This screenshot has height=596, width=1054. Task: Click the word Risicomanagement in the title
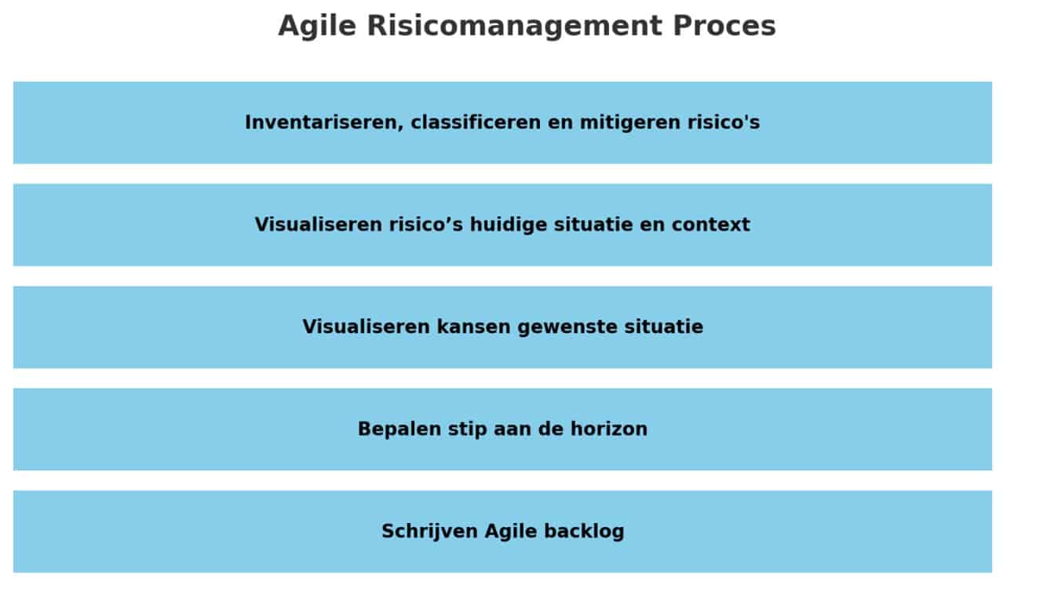pos(515,26)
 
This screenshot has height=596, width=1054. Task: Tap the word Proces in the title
pos(724,26)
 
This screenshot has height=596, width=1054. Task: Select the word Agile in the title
pos(317,27)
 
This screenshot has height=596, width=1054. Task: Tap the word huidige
pos(509,225)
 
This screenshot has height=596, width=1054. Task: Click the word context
pos(710,225)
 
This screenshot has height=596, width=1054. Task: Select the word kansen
pos(473,327)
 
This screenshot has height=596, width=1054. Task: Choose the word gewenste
pos(567,327)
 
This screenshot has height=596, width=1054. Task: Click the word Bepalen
pos(399,430)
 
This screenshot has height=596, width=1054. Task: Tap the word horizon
pos(609,429)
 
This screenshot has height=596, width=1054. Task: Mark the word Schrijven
pos(429,532)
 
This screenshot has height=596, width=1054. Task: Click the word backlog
pos(584,532)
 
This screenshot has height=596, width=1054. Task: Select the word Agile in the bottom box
pos(511,532)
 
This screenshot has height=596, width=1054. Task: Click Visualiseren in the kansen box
pos(366,327)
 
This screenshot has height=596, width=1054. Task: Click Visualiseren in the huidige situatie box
pos(319,225)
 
